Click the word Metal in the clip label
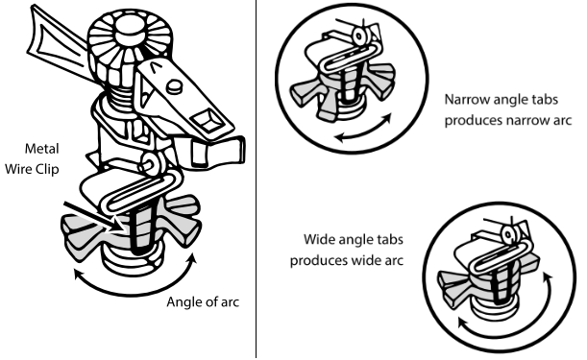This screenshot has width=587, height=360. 42,149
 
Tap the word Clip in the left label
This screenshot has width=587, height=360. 47,169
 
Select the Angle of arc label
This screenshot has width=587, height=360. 203,302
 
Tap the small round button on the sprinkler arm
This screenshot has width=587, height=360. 174,86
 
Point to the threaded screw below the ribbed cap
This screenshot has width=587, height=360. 120,97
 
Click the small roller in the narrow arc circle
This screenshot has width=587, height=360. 359,36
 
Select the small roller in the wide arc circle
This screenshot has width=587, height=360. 508,235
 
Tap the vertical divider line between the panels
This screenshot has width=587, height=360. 257,180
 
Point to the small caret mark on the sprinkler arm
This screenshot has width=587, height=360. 154,67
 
